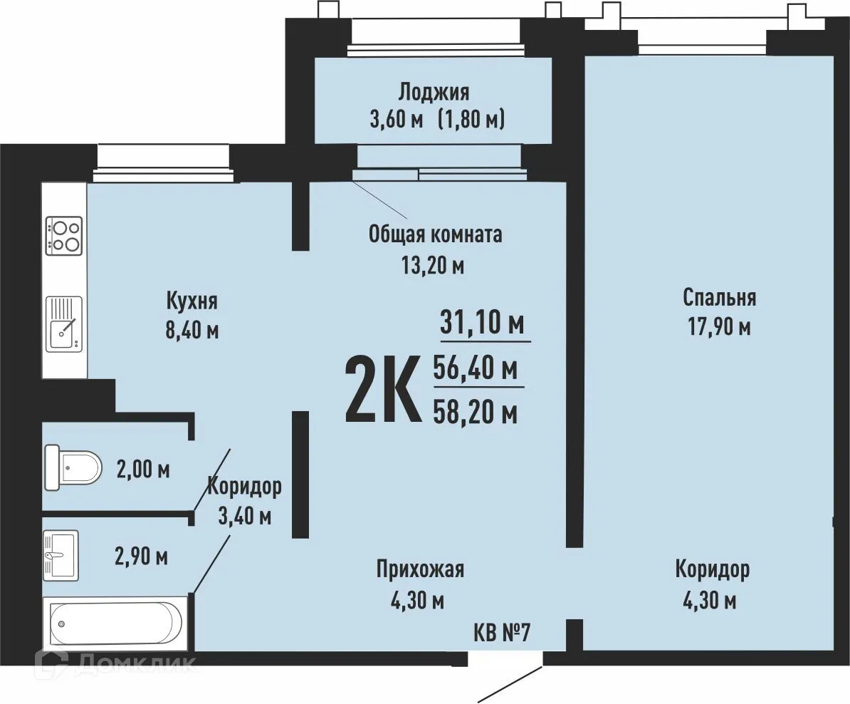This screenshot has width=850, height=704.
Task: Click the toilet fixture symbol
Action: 73,467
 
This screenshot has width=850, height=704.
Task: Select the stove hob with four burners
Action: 64,236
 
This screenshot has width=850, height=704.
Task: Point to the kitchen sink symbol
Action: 64,323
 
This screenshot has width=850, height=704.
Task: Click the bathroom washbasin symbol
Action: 61,556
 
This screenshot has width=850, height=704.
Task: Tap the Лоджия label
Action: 434,92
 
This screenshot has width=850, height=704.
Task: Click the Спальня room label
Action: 719,297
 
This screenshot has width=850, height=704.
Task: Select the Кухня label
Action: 192,300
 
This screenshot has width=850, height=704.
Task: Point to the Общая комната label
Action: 435,234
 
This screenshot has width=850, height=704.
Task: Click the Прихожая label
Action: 420,569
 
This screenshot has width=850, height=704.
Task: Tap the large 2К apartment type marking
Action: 383,388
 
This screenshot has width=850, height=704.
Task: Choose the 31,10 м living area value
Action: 482,323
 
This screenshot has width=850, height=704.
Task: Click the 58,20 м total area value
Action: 475,413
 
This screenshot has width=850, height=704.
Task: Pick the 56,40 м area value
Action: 475,368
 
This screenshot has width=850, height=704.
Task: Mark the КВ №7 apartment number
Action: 501,632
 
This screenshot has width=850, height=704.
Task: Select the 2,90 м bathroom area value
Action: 141,557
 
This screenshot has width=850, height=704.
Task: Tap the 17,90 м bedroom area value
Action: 719,327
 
